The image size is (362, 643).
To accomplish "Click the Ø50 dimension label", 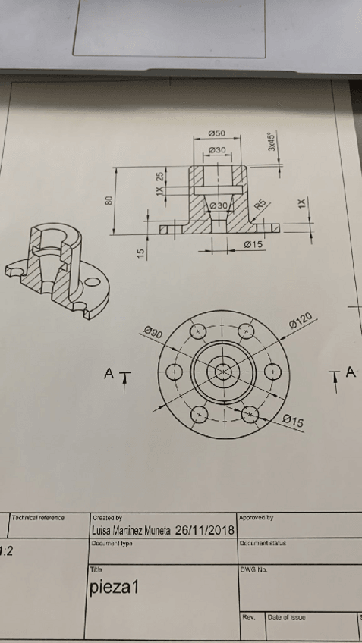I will (217, 133).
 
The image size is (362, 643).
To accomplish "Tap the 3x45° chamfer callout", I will (272, 142).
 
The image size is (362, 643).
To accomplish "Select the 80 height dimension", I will (109, 201).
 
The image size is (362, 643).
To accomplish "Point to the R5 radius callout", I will (260, 205).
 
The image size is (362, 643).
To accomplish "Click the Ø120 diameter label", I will (302, 321).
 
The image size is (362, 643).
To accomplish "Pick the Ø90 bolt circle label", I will (152, 331).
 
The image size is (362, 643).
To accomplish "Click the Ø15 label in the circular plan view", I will (293, 420).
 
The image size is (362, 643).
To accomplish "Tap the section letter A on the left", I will (109, 373).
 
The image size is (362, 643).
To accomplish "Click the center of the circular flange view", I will (223, 372).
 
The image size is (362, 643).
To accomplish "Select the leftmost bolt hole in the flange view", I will (174, 372).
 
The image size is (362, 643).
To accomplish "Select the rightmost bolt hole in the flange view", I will (272, 372).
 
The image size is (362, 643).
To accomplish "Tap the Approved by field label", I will (256, 518).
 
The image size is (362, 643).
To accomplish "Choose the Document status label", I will (262, 543).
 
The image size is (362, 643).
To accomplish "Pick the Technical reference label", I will (38, 518).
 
